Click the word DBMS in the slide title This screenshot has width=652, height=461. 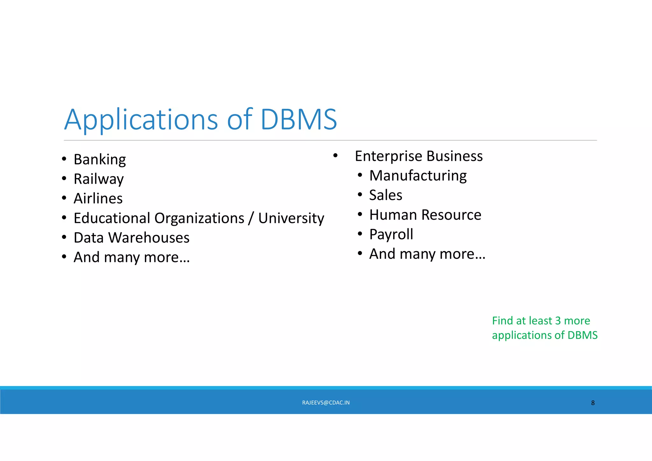pos(299,119)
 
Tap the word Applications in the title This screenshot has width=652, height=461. pos(141,120)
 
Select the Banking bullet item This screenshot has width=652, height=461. pos(100,160)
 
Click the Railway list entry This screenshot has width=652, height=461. pos(98,179)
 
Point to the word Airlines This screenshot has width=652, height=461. pos(98,198)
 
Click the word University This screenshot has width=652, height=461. pos(291,218)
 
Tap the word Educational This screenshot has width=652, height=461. pos(112,218)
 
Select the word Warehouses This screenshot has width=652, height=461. pos(149,238)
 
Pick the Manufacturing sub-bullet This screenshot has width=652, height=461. pos(418,176)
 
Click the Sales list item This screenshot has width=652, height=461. pos(386,195)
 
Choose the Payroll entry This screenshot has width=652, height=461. pos(391,235)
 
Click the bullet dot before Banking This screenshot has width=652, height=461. pos(64,159)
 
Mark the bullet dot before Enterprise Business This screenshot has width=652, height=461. pos(335,156)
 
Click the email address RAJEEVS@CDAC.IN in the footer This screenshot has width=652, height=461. pos(326,403)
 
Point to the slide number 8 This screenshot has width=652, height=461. pos(593,403)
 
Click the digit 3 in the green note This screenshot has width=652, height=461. pos(557,321)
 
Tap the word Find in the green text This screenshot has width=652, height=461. pos(502,321)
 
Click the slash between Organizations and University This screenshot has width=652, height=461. pos(251,218)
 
